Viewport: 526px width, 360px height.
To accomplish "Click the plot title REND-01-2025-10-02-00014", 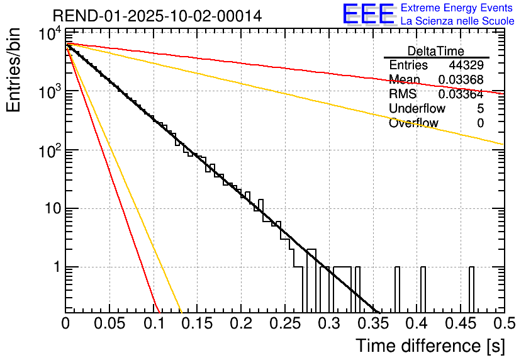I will click(x=157, y=15).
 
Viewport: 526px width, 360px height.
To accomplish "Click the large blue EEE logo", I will click(x=368, y=14).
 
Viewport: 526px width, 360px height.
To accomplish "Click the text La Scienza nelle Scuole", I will click(x=457, y=21).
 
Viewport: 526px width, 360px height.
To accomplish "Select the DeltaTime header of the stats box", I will click(x=436, y=51).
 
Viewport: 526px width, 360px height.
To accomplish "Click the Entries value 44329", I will click(x=466, y=65).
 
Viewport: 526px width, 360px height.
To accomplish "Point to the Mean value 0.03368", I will click(x=461, y=80).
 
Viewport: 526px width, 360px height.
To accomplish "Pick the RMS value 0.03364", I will click(x=461, y=94).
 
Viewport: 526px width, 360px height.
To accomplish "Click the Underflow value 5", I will click(x=481, y=109).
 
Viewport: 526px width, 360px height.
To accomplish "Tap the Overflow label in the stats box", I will click(x=413, y=123).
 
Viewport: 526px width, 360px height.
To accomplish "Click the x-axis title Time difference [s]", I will click(x=430, y=346).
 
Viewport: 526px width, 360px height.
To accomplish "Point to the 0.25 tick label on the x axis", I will click(x=284, y=324).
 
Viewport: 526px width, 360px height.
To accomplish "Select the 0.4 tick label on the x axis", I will click(x=416, y=324).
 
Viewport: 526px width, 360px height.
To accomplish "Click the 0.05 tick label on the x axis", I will click(x=109, y=324).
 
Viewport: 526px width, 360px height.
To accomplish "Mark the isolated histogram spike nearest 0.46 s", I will click(x=471, y=290).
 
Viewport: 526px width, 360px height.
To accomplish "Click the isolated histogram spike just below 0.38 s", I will click(x=397, y=290).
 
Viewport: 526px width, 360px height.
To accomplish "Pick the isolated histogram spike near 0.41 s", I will click(x=423, y=290).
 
